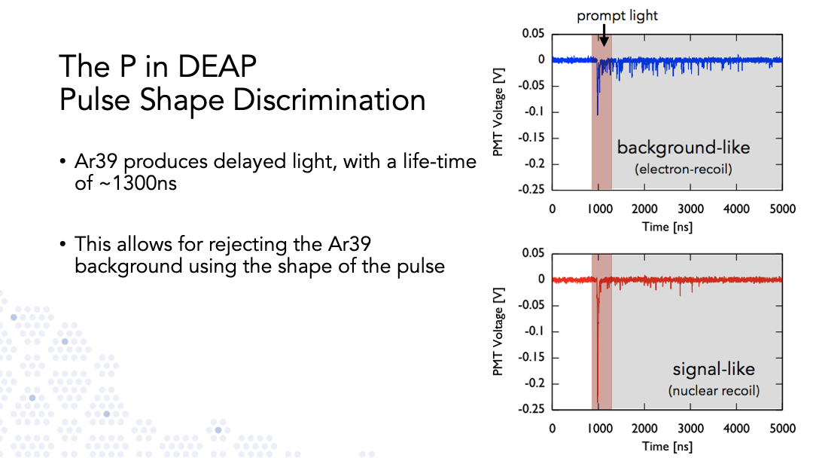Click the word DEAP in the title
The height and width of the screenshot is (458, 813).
click(217, 66)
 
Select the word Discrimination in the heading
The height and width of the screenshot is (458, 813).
click(329, 99)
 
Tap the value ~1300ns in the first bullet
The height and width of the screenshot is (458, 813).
click(126, 183)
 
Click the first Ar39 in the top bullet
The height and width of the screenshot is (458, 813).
click(96, 161)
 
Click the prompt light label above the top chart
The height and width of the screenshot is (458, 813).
click(617, 16)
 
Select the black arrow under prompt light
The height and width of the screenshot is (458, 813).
click(604, 35)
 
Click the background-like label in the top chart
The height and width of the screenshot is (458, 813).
click(684, 148)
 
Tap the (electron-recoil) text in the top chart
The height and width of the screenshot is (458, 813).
click(684, 169)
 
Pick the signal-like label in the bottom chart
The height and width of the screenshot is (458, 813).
click(714, 369)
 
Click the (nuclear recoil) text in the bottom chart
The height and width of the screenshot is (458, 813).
click(714, 390)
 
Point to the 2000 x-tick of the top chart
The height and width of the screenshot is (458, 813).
click(644, 209)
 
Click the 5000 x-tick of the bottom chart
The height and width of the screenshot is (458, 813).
click(782, 429)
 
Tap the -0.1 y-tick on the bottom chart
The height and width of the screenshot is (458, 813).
click(534, 331)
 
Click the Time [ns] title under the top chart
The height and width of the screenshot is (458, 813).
click(667, 227)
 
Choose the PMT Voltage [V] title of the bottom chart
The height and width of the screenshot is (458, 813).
click(498, 331)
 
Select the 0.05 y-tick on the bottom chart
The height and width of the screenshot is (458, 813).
click(533, 253)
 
